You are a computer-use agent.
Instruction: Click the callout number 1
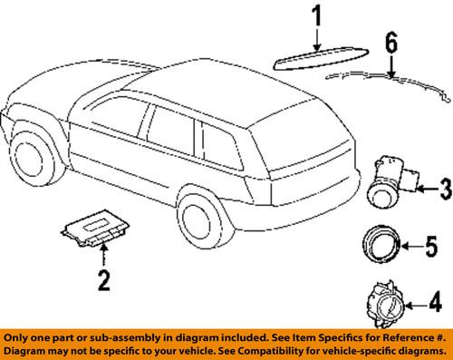tap(317, 16)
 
